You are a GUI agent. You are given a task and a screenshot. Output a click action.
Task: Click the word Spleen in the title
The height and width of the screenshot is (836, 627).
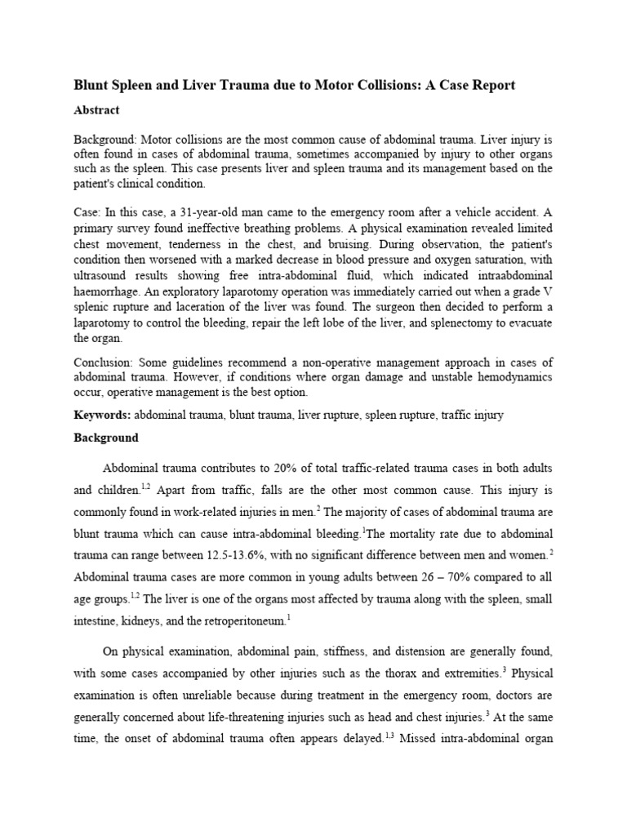[136, 86]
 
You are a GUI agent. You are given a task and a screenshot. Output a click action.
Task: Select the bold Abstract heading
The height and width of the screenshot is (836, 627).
[96, 110]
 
